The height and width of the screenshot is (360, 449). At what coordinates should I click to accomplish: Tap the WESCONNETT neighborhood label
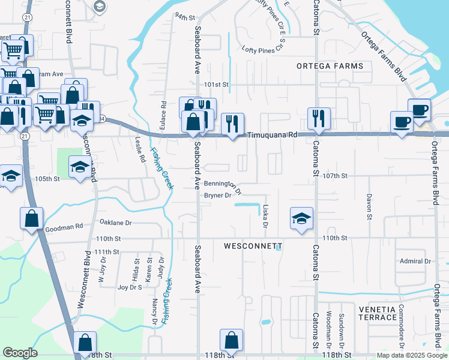(x=253, y=247)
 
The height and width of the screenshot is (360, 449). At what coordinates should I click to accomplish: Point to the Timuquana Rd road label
(x=273, y=136)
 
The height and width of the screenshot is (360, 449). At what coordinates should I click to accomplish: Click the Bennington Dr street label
(x=223, y=187)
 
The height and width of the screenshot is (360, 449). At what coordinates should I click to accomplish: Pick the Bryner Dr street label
(x=218, y=196)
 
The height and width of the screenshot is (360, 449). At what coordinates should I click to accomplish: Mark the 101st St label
(x=217, y=85)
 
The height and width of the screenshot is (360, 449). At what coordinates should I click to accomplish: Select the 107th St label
(x=336, y=176)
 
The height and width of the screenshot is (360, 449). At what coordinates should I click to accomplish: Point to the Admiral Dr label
(x=415, y=261)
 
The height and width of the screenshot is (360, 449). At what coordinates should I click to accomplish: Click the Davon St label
(x=369, y=205)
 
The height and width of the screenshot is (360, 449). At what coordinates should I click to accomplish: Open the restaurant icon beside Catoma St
(x=319, y=118)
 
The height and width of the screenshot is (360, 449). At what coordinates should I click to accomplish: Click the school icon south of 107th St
(x=302, y=218)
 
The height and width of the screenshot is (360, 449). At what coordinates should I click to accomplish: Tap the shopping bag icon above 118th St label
(x=231, y=340)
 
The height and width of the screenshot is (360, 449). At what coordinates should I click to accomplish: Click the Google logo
(x=20, y=353)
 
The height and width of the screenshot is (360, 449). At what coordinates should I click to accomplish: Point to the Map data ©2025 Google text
(x=411, y=355)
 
